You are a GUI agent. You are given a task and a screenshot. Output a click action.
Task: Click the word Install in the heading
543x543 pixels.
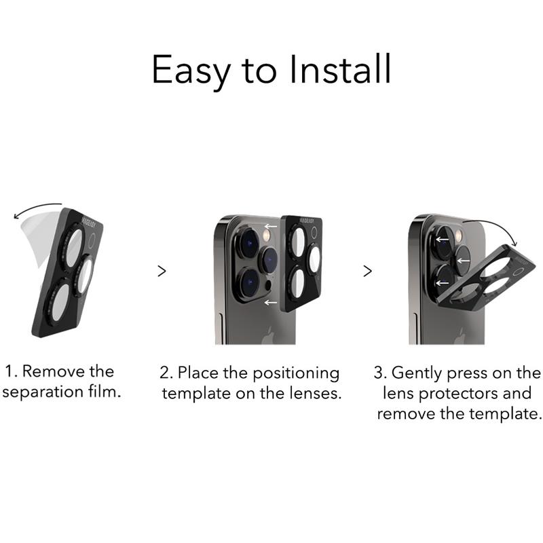point(341,69)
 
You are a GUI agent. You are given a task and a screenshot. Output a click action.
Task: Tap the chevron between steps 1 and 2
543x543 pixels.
point(162,271)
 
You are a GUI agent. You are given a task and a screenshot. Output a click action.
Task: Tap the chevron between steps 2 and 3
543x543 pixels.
point(367,271)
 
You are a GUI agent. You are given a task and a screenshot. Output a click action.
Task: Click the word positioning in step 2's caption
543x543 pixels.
point(296,375)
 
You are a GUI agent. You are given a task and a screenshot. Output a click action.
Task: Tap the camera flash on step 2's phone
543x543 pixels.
point(267,236)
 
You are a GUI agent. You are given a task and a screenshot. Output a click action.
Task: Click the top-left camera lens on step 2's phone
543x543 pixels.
point(248,242)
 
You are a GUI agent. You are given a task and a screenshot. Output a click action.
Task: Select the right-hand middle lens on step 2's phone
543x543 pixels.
point(268,261)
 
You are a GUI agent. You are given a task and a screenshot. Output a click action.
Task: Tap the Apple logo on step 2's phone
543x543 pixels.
point(267,336)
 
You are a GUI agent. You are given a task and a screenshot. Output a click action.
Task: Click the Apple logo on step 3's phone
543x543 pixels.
point(460,336)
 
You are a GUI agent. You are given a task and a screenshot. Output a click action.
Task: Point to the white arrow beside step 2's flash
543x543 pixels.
point(271,227)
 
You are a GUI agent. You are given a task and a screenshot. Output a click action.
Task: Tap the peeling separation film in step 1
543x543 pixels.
point(40,239)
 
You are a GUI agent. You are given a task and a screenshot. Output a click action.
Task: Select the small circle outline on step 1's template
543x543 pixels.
point(92,242)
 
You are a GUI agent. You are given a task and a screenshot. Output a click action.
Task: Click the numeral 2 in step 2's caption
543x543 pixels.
point(164,373)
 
